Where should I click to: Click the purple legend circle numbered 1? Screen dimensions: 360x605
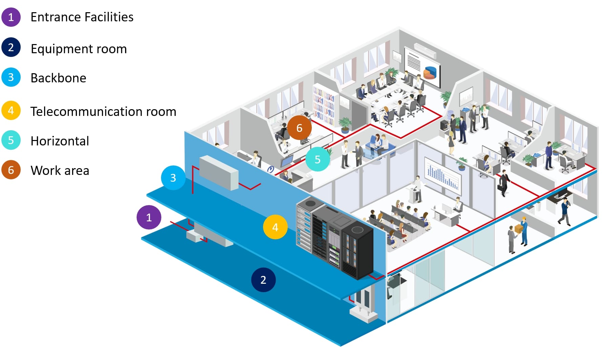point(11,17)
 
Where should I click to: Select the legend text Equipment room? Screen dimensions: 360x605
point(79,49)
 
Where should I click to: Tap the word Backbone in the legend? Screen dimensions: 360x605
point(58,78)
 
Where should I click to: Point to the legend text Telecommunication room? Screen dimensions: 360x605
point(103,112)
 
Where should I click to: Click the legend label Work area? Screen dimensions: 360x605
point(60,171)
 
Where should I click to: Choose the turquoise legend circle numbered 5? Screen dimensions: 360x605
point(11,140)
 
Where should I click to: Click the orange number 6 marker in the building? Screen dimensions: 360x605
point(299,128)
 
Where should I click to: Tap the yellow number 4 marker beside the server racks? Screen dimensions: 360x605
point(275,227)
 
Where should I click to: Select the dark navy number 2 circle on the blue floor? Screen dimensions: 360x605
point(263,280)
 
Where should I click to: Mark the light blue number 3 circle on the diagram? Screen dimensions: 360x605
point(173,178)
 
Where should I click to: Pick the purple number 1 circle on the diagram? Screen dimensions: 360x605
point(149,217)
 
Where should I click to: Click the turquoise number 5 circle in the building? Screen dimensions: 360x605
point(318,159)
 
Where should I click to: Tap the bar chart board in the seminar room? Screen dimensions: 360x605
point(442,174)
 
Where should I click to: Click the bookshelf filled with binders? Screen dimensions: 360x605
point(324,104)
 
